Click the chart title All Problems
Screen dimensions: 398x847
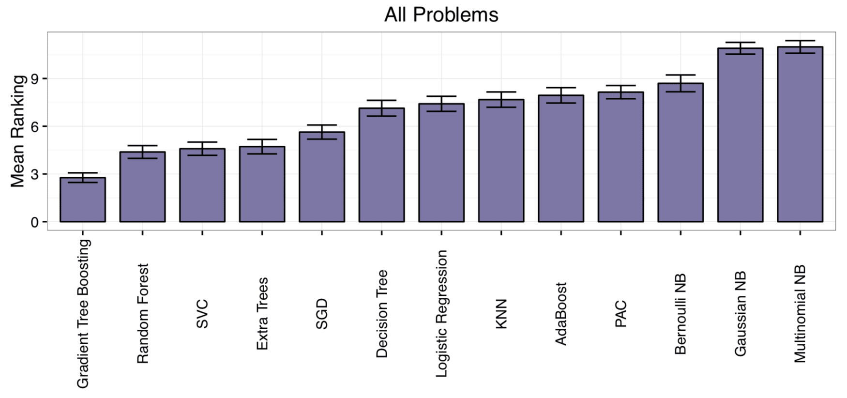coord(441,15)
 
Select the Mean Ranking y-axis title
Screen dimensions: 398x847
coord(18,131)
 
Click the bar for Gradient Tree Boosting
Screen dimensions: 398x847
coord(83,200)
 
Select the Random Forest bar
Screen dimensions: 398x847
coord(142,187)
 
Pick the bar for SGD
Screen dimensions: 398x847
coord(322,177)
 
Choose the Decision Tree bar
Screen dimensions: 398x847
coord(381,165)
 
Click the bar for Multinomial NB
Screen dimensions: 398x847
coord(800,134)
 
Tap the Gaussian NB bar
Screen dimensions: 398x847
coord(740,135)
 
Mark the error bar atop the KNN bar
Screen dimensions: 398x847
coord(501,99)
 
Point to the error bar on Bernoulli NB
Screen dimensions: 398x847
coord(681,83)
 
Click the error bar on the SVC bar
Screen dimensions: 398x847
coord(202,149)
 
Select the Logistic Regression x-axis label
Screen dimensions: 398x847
coord(441,314)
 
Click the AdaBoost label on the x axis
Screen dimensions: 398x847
coord(561,314)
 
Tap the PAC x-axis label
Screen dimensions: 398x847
coord(621,314)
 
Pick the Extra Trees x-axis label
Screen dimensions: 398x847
coord(262,314)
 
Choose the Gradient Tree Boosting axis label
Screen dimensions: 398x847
coord(83,314)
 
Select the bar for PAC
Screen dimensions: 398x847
coord(620,157)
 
